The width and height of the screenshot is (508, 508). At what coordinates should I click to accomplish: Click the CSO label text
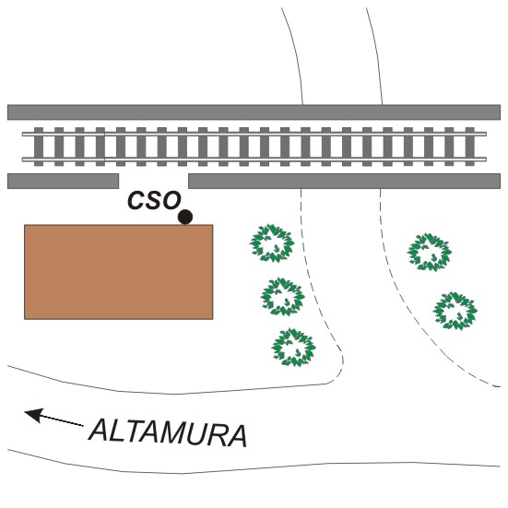pyautogui.click(x=154, y=200)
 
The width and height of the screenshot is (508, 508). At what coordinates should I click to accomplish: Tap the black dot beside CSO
pyautogui.click(x=185, y=217)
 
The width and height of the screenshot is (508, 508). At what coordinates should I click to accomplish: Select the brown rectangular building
pyautogui.click(x=119, y=272)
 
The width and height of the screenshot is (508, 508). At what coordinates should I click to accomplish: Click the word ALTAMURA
pyautogui.click(x=168, y=433)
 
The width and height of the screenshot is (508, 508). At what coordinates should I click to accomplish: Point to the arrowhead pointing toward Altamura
pyautogui.click(x=34, y=415)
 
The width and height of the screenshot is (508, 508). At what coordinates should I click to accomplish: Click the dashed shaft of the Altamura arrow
pyautogui.click(x=62, y=420)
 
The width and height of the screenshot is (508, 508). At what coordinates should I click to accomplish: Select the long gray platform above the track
pyautogui.click(x=254, y=112)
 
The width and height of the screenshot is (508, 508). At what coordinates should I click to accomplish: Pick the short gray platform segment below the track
pyautogui.click(x=64, y=181)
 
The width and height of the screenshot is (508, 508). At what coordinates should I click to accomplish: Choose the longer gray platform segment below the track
pyautogui.click(x=345, y=181)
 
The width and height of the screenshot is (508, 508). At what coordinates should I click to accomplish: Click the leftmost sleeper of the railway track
pyautogui.click(x=39, y=147)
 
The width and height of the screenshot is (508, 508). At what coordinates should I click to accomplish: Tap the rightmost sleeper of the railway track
pyautogui.click(x=470, y=147)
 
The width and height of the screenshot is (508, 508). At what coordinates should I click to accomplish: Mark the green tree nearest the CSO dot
pyautogui.click(x=272, y=243)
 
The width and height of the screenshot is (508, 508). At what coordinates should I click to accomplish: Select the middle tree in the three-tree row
pyautogui.click(x=282, y=297)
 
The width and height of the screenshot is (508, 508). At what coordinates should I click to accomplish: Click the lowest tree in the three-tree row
pyautogui.click(x=293, y=348)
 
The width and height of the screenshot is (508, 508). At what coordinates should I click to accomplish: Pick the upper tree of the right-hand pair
pyautogui.click(x=430, y=252)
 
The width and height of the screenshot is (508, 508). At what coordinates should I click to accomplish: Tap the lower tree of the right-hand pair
pyautogui.click(x=455, y=311)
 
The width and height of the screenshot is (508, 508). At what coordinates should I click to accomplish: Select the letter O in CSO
pyautogui.click(x=171, y=201)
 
